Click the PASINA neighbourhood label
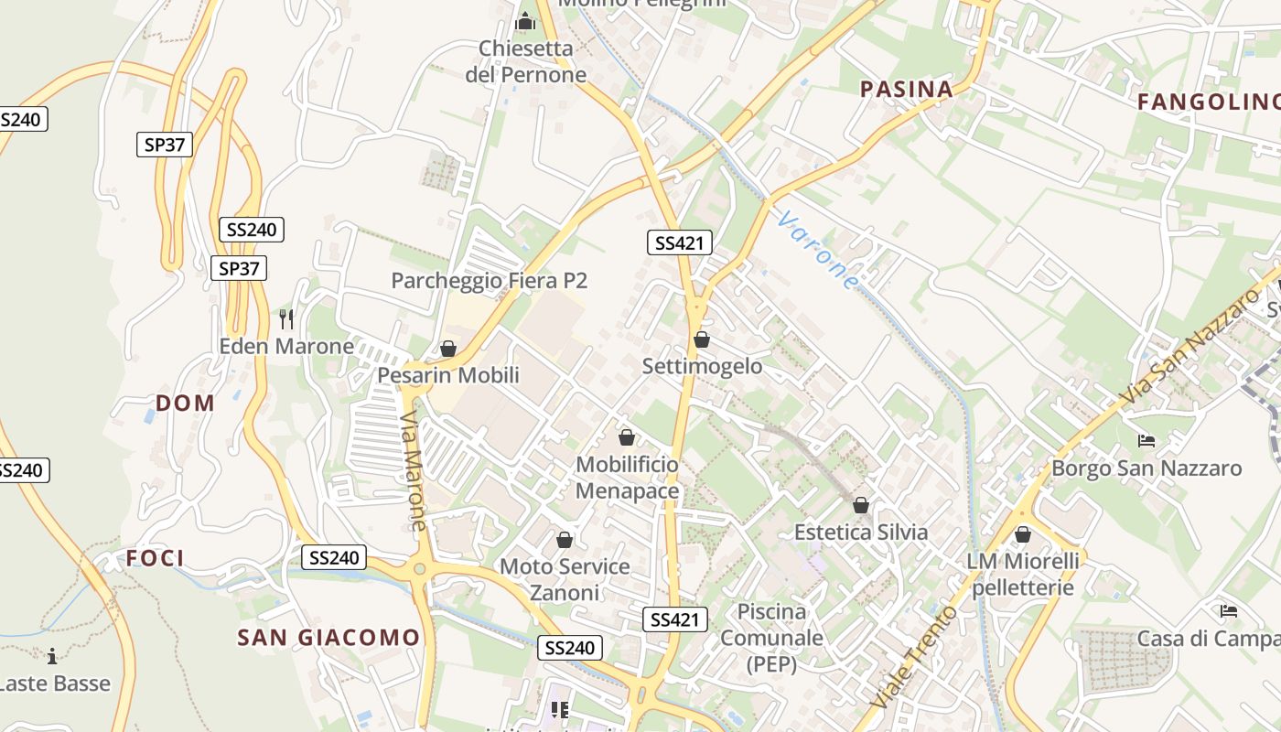[907, 89]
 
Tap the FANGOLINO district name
[1208, 102]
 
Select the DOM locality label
[185, 403]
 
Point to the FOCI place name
[155, 558]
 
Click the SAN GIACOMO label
[328, 638]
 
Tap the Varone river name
[819, 250]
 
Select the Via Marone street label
[413, 470]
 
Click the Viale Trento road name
[913, 655]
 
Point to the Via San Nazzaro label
[1189, 346]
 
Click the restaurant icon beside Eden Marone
[287, 318]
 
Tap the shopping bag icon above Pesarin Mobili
[448, 349]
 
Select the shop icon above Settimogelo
[702, 339]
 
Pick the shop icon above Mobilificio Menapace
[627, 437]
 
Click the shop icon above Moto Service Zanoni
[565, 540]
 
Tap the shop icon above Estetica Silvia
[861, 505]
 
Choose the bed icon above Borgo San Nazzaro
[1146, 441]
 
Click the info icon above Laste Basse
[52, 656]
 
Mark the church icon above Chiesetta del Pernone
[525, 20]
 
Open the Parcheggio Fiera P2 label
[489, 281]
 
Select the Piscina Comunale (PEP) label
[771, 638]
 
